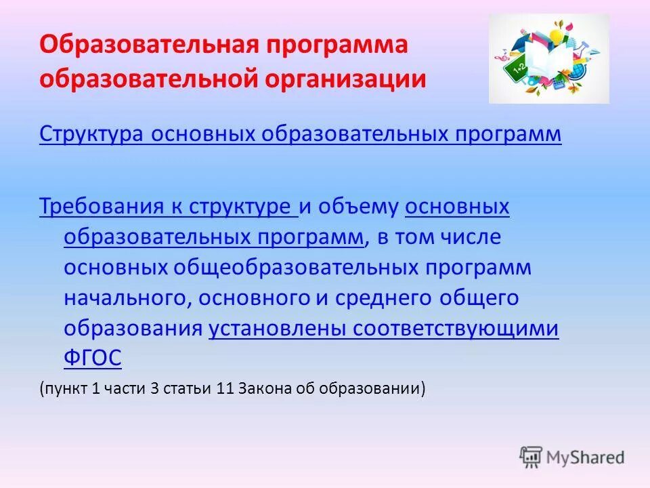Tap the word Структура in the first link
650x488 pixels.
(x=91, y=134)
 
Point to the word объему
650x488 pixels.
(x=360, y=207)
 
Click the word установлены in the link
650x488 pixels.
(x=274, y=328)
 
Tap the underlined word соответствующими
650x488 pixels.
(x=452, y=328)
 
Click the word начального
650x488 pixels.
(x=121, y=298)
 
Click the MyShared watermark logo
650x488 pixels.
(x=572, y=457)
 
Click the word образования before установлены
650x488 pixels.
(x=133, y=328)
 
